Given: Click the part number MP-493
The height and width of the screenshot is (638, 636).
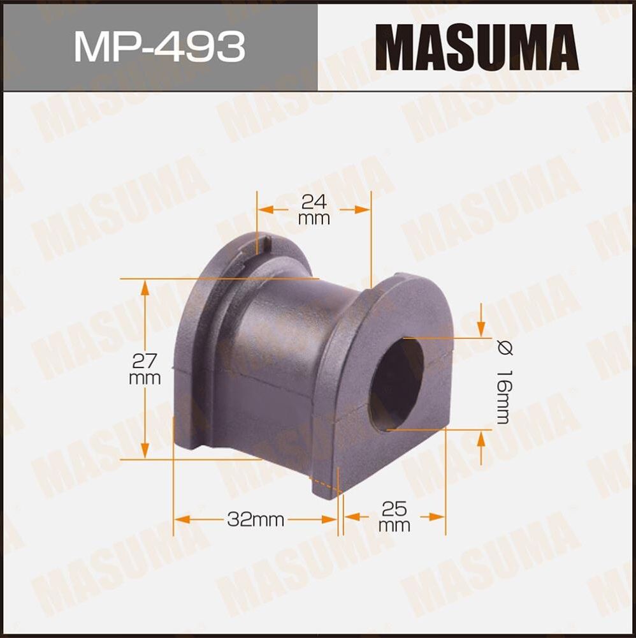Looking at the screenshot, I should coord(159,46).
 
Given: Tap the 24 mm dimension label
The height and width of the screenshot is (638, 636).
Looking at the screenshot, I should coord(314,210).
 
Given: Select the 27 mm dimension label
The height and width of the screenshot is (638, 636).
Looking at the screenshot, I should coord(145,369).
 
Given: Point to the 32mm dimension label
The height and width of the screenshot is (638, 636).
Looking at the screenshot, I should coord(255,519).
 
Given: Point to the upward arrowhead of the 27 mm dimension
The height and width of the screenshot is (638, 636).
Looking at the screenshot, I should coord(145,287).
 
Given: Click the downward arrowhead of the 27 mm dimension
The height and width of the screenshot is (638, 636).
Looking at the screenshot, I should coord(145,450).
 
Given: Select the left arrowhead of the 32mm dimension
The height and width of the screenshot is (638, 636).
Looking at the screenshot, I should coord(182,519).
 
